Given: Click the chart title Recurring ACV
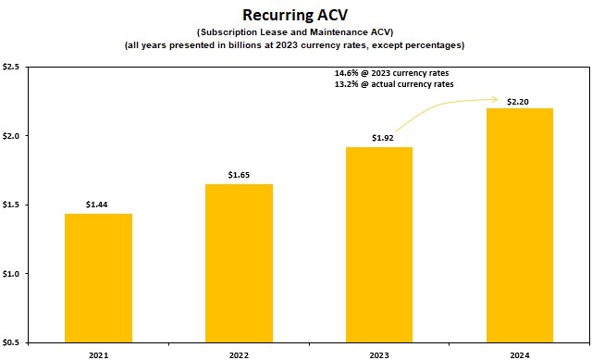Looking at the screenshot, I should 295,15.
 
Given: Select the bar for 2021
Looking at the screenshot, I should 98,278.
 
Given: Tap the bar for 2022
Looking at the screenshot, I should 239,263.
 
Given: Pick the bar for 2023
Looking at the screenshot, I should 379,244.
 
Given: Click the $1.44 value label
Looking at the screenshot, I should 98,204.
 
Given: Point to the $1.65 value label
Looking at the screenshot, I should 239,174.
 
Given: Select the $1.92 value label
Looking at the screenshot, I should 379,137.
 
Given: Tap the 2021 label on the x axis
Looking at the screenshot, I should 98,353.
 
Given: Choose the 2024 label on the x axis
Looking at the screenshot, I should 520,353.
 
